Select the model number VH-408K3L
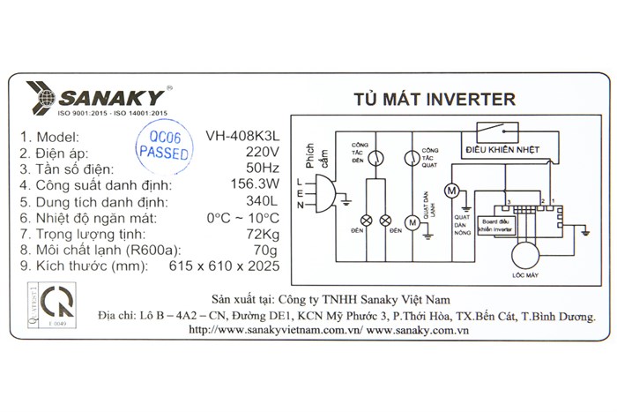tap(242, 137)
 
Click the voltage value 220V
tap(261, 153)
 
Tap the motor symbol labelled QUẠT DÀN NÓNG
tap(451, 190)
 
